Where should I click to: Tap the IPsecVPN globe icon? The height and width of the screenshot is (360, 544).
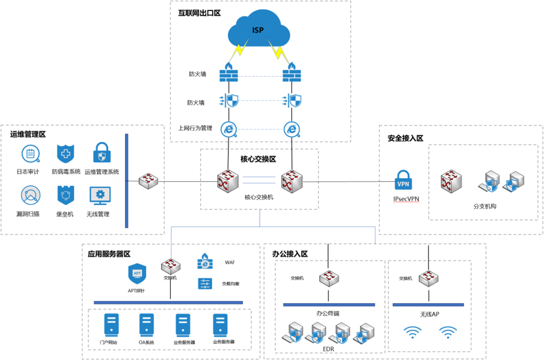pos(403,179)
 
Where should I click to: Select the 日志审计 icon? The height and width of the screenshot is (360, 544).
pos(29,154)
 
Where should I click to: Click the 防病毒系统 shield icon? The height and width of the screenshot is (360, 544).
pos(65,154)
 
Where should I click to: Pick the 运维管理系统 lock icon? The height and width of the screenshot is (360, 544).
pos(101,154)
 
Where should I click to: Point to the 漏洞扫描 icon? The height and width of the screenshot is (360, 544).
pos(29,196)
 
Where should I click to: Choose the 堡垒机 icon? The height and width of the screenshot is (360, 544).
pos(65,196)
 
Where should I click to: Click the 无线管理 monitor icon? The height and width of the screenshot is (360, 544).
pos(101,196)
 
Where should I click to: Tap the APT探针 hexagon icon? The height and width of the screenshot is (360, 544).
pos(137,272)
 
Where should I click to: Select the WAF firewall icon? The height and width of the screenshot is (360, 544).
pos(205,262)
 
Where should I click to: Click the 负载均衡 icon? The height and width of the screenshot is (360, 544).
pos(205,283)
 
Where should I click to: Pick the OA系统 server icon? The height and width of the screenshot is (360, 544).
pos(147,324)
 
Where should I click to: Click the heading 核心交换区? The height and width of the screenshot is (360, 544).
pos(259,159)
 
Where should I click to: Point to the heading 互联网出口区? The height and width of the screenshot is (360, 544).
pos(199,12)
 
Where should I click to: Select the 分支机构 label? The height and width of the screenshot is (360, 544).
pos(485,206)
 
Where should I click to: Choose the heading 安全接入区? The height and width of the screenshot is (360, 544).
pos(405,138)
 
